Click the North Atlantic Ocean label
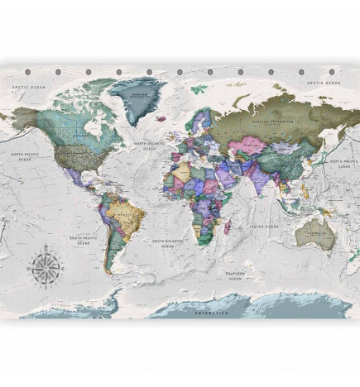(x=151, y=148)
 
